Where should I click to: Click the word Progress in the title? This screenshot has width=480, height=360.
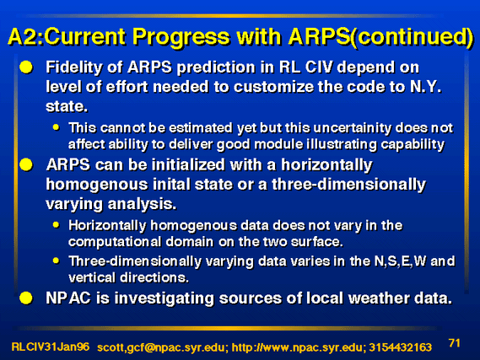coord(181,37)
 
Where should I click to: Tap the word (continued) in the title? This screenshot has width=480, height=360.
coord(412,37)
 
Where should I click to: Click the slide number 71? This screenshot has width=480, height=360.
coord(455,343)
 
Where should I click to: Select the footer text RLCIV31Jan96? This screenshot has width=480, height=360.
coord(51,347)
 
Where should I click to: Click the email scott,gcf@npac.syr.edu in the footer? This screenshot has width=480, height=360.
coord(161,347)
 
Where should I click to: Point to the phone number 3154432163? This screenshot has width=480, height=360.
coord(401,347)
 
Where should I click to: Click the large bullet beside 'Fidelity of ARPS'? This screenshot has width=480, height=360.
coord(26,67)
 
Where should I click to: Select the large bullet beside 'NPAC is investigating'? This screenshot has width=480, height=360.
coord(26,298)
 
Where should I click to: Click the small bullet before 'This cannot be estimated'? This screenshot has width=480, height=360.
coord(56,127)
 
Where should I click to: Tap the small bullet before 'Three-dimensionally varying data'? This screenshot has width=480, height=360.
coord(56,261)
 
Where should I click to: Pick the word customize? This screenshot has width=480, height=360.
coord(273,87)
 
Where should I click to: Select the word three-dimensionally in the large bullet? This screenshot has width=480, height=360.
coord(348,185)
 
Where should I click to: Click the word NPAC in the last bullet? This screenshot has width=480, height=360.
coord(68,298)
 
